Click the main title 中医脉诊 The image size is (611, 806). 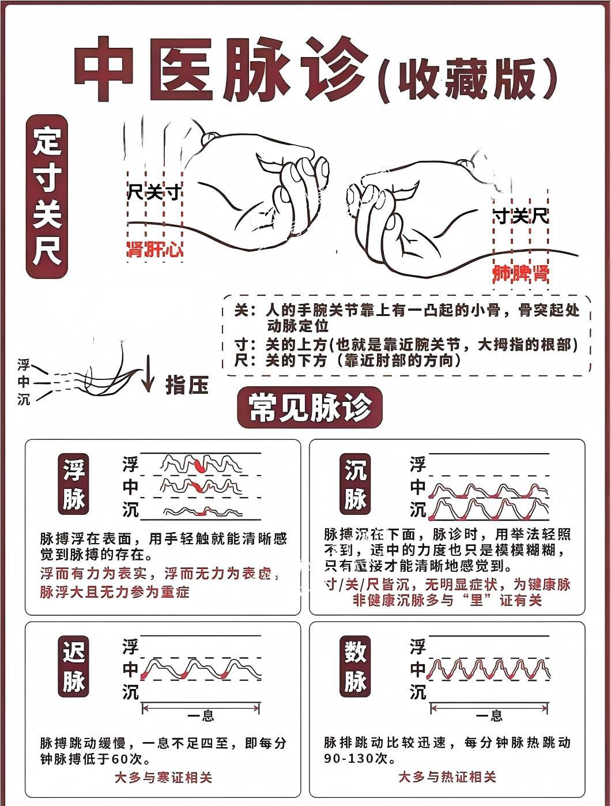point(222,69)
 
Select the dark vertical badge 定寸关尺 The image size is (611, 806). point(47,197)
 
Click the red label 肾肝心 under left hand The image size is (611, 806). point(154,250)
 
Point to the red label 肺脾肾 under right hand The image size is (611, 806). point(520,274)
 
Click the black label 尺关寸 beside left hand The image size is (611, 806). point(154,192)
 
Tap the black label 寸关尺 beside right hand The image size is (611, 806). point(520,217)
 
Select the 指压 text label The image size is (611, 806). point(187,385)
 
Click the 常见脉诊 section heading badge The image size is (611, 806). point(310,408)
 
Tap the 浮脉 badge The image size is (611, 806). point(74,484)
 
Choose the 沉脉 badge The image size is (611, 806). point(355,484)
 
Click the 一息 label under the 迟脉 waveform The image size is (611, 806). point(201,716)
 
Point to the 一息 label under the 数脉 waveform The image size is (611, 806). point(489,716)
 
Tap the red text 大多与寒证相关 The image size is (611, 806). point(163,777)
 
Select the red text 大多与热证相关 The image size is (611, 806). point(447,777)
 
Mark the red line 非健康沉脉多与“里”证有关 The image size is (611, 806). point(447,600)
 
